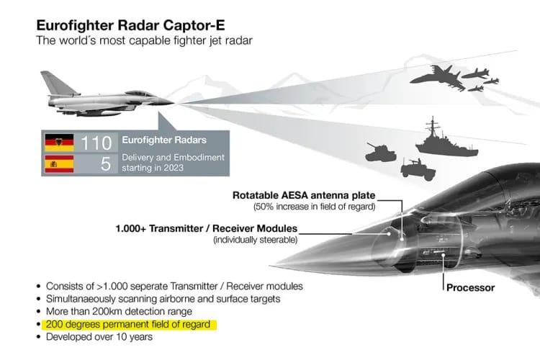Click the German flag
coord(59,143)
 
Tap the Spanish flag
coord(59,163)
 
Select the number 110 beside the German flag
coord(96,143)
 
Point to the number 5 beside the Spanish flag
coord(106,164)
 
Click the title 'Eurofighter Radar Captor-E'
coord(130,25)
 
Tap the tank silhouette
coord(380,153)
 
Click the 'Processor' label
coord(470,288)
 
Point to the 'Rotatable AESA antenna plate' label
coord(304,195)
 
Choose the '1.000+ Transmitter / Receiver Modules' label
coord(207,228)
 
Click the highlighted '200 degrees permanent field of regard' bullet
coord(128,325)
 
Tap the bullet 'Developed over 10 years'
coord(99,337)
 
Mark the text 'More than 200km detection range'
coord(119,312)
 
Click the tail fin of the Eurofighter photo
coord(58,83)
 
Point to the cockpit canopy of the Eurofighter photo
coord(140,94)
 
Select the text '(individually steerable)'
coord(255,240)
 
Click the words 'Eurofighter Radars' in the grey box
coord(164,140)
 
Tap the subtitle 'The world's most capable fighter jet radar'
coord(144,40)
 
